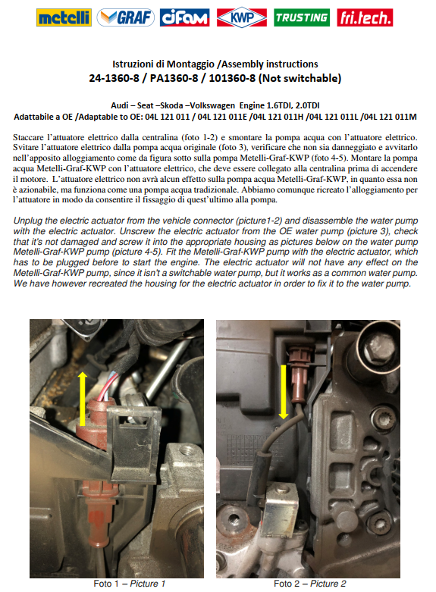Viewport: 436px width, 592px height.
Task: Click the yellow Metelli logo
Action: (64, 17)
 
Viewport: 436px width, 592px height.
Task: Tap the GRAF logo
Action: (125, 17)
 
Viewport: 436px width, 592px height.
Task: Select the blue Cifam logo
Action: (185, 17)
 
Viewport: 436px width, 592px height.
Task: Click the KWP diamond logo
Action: (242, 17)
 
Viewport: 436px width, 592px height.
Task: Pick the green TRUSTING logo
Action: (302, 17)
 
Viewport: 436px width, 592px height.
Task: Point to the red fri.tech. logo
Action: (365, 17)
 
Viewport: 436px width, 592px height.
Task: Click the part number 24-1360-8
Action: (114, 78)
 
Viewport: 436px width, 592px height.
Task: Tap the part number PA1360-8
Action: (174, 78)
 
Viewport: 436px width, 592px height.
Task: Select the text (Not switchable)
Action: (300, 78)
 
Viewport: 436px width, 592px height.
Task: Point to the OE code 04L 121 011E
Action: (222, 117)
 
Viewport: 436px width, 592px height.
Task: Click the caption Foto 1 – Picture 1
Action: (129, 584)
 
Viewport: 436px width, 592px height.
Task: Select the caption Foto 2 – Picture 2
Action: (310, 584)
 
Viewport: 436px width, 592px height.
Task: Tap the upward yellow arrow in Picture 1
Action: (83, 399)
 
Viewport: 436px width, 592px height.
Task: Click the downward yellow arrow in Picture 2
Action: (284, 392)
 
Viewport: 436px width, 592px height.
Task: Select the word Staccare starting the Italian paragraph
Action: (28, 137)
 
